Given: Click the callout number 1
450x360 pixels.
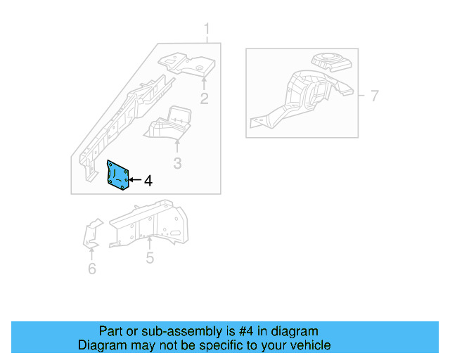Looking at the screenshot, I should (x=207, y=30).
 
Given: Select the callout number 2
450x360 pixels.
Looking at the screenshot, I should (x=204, y=98).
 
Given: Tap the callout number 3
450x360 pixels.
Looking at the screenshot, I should (x=177, y=164).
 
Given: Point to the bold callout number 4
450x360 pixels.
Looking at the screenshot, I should (x=148, y=181).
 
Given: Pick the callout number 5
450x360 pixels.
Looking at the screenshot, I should (x=150, y=259).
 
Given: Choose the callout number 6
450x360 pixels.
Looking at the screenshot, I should (x=92, y=269).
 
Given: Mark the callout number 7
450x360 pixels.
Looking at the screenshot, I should (x=374, y=96).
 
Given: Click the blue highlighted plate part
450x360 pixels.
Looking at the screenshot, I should (x=118, y=176).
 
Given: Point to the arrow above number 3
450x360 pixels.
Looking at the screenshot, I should (x=177, y=146).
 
